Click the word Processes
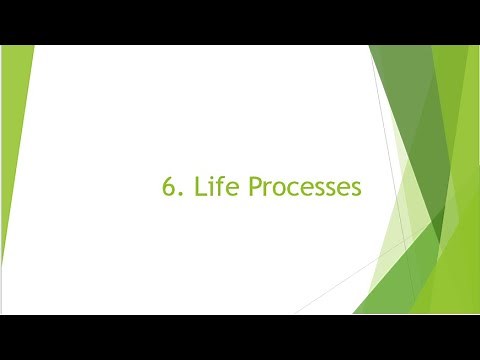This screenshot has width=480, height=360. (303, 186)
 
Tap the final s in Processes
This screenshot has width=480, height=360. (352, 188)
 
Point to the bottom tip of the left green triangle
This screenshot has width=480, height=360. (3, 264)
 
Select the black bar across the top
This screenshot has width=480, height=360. (240, 22)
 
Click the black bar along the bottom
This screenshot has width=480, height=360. (240, 337)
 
